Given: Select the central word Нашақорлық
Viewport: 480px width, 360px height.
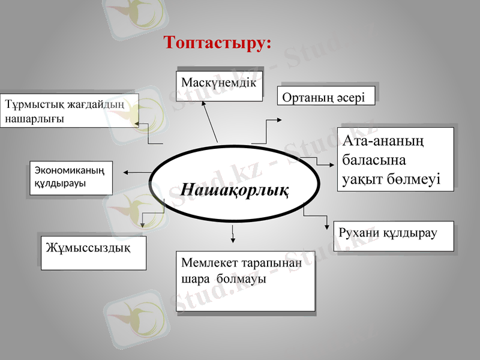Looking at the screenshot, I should (x=235, y=190).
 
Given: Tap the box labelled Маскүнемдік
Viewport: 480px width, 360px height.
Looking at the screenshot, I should (x=218, y=82).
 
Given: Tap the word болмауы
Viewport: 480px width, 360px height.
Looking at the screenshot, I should (x=242, y=279).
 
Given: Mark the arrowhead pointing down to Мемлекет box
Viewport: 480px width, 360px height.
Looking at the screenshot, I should (x=233, y=239).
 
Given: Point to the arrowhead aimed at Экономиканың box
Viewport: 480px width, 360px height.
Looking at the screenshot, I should (x=127, y=173).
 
